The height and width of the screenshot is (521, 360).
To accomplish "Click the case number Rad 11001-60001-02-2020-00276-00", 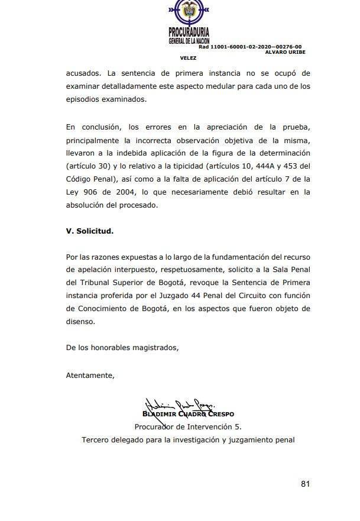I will [250, 46].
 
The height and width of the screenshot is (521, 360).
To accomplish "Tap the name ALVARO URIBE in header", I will [284, 52].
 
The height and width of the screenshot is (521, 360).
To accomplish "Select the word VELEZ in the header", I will [188, 58].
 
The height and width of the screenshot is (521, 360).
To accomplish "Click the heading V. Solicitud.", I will [90, 231].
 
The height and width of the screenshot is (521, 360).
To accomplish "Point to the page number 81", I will [305, 483].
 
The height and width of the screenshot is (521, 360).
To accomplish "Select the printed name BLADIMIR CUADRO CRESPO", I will [188, 413].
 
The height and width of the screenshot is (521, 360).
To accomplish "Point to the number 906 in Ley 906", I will [96, 192].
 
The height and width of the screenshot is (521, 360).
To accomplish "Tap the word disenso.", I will [80, 322].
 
